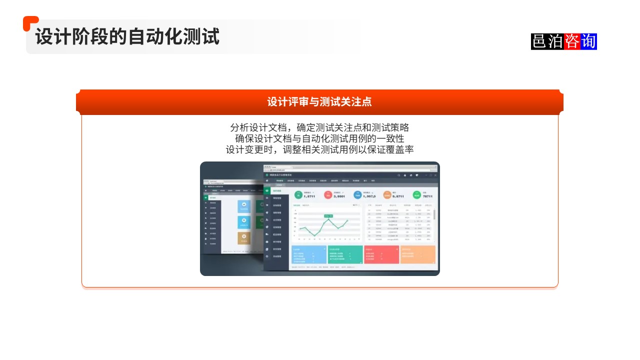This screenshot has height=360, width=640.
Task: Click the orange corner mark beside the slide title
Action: [x=30, y=22]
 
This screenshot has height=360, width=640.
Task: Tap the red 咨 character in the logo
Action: [x=572, y=41]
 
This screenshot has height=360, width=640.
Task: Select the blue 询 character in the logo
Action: [x=588, y=41]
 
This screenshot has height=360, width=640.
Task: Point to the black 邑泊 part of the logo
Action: [x=547, y=41]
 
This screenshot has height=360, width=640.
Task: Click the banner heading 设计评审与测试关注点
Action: [x=319, y=102]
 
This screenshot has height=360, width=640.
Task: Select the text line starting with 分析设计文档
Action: [x=319, y=127]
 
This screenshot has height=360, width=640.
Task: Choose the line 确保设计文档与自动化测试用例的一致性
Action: [x=319, y=138]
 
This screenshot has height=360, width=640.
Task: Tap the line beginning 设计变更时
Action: [x=319, y=149]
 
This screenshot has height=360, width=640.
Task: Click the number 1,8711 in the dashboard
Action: [x=309, y=197]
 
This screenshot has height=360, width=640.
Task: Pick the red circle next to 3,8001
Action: [x=328, y=195]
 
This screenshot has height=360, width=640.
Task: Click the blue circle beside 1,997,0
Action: [x=357, y=195]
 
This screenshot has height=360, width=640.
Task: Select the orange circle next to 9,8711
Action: [x=387, y=195]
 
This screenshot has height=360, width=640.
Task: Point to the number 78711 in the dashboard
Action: [x=427, y=197]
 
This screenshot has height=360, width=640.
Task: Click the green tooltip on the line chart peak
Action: [x=328, y=216]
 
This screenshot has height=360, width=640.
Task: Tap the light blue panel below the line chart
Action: [x=308, y=254]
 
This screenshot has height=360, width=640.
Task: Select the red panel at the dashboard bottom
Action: [x=381, y=254]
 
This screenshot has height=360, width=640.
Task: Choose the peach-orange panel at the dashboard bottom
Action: [x=417, y=254]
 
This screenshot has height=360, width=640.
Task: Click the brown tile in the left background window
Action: [x=244, y=238]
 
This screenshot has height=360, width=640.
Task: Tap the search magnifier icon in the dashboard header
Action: [x=398, y=175]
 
